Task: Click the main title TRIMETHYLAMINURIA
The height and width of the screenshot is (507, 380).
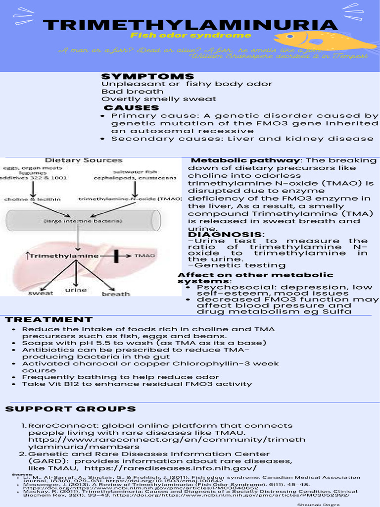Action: (x=190, y=25)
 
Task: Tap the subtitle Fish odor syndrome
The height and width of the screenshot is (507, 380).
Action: (x=190, y=36)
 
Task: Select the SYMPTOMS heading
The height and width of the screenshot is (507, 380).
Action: (x=147, y=76)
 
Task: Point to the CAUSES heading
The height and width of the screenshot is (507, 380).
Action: (x=131, y=107)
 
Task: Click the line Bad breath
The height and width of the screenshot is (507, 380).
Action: (x=132, y=91)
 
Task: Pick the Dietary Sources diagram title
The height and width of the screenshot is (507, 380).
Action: (x=84, y=160)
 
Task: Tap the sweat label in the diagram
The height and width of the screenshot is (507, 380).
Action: (x=41, y=293)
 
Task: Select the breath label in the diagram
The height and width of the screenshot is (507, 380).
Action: (x=115, y=294)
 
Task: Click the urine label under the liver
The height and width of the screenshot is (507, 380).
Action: (x=76, y=290)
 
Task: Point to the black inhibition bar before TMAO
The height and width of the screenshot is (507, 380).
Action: (x=117, y=255)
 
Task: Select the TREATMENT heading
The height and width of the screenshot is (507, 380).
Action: (x=48, y=320)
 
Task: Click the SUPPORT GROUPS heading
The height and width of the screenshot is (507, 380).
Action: (x=70, y=409)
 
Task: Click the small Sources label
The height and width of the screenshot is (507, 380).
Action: (x=22, y=474)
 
